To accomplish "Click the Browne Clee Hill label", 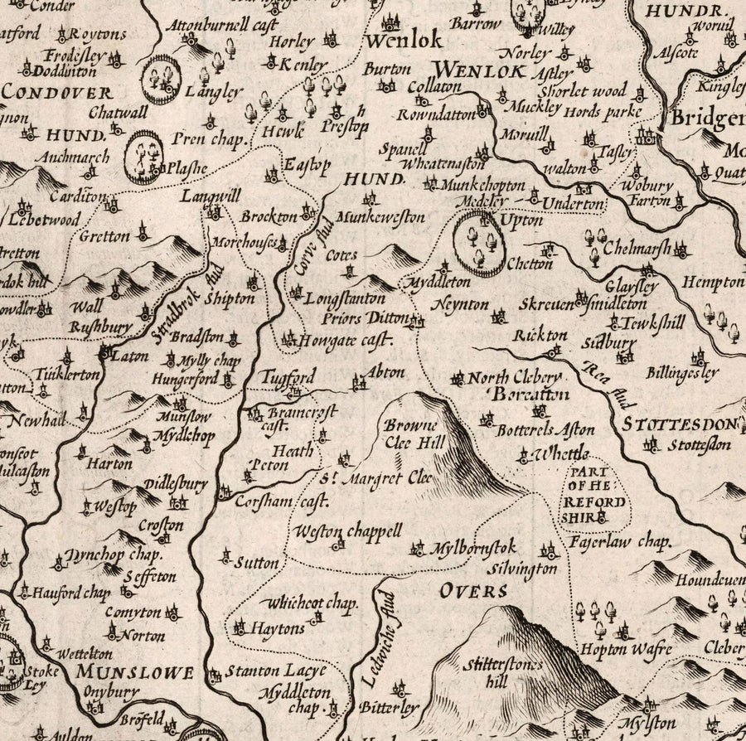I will (409, 433).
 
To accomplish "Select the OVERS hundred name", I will (474, 590).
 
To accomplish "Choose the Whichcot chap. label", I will (308, 604).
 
